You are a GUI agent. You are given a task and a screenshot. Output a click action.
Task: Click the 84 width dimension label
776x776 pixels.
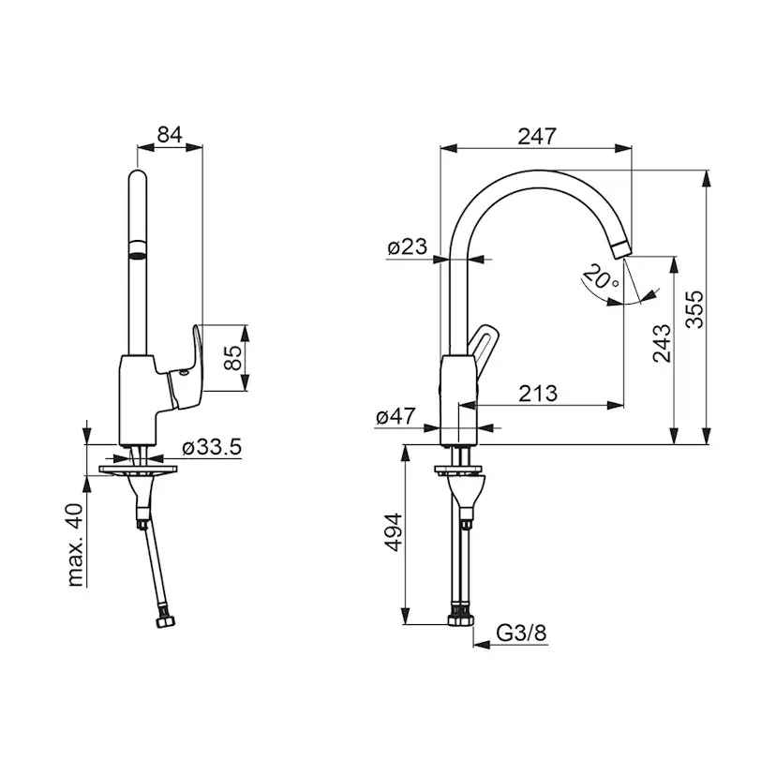[x=170, y=135]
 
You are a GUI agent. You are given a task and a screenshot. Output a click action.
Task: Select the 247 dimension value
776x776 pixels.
[x=537, y=136]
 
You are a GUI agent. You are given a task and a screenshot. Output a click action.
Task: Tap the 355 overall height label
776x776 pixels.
[x=694, y=309]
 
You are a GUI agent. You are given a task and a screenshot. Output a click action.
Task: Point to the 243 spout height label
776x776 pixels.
[x=662, y=343]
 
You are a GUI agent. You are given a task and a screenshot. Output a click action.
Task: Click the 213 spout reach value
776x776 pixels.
[x=538, y=394]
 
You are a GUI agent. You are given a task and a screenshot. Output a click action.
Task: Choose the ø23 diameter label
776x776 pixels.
[x=408, y=246]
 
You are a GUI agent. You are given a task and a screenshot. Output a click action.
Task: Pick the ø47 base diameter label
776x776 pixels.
[x=395, y=417]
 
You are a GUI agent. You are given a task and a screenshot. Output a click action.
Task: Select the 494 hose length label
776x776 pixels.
[x=394, y=532]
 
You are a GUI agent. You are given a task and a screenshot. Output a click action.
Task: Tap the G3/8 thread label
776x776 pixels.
[x=521, y=633]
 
